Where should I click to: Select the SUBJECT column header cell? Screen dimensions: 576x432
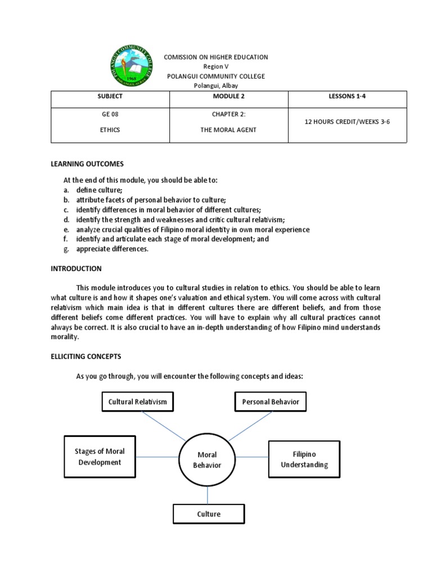coord(110,97)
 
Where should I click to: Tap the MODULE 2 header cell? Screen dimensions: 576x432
coord(228,97)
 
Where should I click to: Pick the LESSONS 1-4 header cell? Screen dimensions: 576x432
coord(347,97)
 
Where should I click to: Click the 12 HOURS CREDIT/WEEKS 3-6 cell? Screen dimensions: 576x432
coord(347,121)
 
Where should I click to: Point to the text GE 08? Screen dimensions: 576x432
coord(110,114)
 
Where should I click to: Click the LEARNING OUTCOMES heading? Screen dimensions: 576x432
coord(87,164)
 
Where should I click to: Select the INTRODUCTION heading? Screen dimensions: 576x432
coord(76,268)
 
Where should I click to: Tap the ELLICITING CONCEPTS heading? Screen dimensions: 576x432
coord(86,357)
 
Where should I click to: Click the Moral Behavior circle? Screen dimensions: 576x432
coord(207,460)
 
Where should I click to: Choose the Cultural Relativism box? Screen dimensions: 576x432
coord(137,402)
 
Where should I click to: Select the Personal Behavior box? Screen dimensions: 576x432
coord(270,402)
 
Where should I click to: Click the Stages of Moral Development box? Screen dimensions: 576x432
coord(100,457)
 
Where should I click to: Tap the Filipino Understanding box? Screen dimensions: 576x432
coord(304,459)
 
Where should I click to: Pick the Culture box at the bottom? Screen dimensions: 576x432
coord(208,514)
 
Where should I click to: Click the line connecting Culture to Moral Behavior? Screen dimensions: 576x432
coord(208,495)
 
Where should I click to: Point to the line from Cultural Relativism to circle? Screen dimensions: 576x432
coord(163,426)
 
